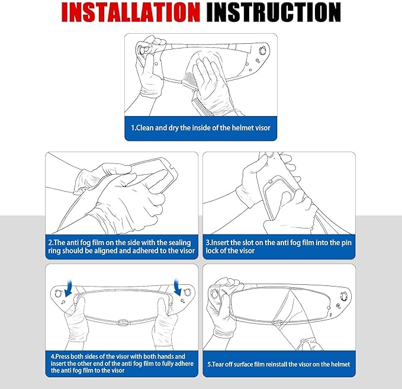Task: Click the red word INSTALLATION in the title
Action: pyautogui.click(x=130, y=12)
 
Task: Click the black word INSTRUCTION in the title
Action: pyautogui.click(x=274, y=12)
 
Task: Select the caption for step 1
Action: pyautogui.click(x=201, y=128)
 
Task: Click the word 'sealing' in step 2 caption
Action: pyautogui.click(x=178, y=243)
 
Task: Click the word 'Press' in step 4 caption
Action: pyautogui.click(x=62, y=356)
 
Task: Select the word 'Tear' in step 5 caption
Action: pyautogui.click(x=218, y=364)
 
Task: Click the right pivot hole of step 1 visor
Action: pyautogui.click(x=262, y=50)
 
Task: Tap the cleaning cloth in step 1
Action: pyautogui.click(x=202, y=75)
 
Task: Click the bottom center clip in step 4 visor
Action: pyautogui.click(x=123, y=322)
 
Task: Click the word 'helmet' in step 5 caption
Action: pyautogui.click(x=341, y=364)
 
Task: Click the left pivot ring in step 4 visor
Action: pyautogui.click(x=59, y=293)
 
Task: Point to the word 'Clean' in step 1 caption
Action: pyautogui.click(x=144, y=128)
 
